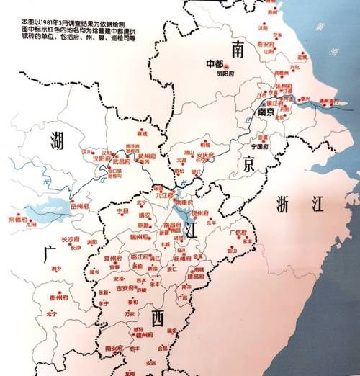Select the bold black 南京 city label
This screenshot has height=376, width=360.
click(x=266, y=112)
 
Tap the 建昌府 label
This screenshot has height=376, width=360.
click(x=195, y=277)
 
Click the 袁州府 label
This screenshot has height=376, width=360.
click(x=114, y=257)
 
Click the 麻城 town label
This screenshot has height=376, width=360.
click(x=143, y=133)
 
